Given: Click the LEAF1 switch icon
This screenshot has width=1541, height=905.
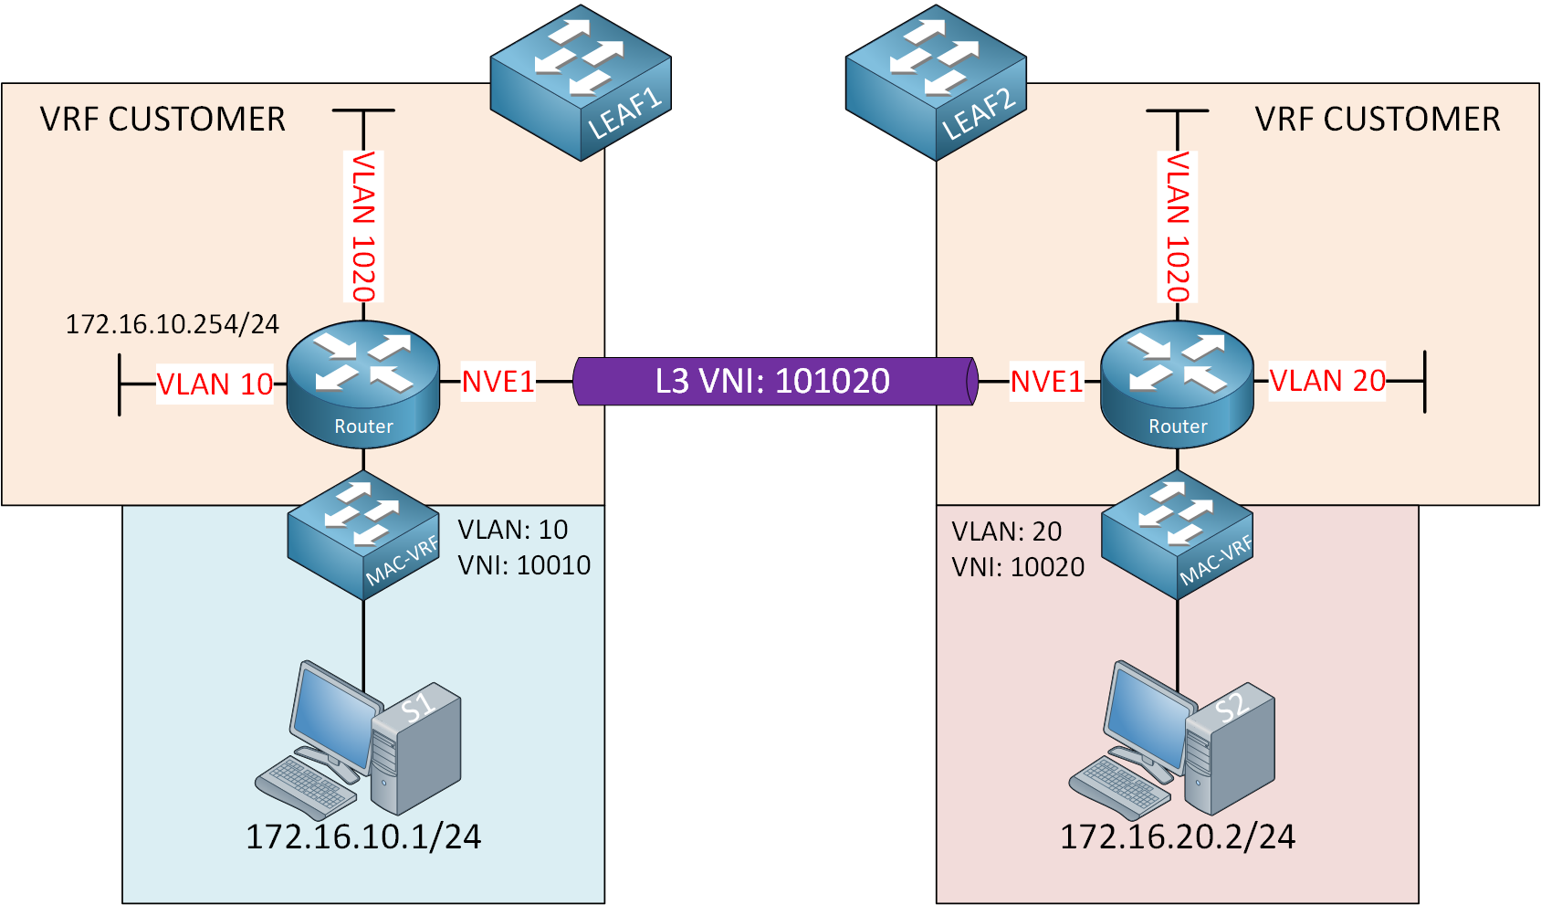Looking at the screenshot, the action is coord(581,82).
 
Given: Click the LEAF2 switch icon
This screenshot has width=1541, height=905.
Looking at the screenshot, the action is coord(936,82).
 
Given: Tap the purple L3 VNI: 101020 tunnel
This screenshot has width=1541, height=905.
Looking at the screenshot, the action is coord(775,382).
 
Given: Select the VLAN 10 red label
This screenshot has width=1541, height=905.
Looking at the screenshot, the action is coord(215,384).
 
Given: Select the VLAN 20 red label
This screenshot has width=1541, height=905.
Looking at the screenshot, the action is coord(1327,381).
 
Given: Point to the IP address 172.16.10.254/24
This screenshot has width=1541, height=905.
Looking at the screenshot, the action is coord(172,323).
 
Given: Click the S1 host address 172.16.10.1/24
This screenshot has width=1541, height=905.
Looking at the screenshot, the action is coord(363,837).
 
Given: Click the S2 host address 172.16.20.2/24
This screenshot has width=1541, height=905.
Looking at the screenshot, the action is coord(1178,837).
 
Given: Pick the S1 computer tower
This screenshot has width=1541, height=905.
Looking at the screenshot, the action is coord(415,749).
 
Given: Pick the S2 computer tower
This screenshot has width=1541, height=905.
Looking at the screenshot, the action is coord(1230,749).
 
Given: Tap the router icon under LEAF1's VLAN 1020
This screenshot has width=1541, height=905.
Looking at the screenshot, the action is coord(363,384).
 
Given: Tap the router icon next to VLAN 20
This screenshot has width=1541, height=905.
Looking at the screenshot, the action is coord(1177,384).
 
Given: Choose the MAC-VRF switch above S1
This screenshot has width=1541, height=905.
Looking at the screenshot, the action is coord(363,535).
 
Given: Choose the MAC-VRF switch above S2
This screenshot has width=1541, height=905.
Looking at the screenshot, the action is coord(1177,535).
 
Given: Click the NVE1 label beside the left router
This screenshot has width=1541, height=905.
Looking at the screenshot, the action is coord(498,382).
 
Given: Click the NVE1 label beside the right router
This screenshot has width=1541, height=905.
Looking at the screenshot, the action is coord(1046,382).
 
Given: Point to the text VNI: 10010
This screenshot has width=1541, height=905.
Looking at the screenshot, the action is coord(524,565).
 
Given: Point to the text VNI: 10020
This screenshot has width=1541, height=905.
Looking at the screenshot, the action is coord(1018,567).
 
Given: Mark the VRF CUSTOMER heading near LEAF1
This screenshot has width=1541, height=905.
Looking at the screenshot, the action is coord(162,119).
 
